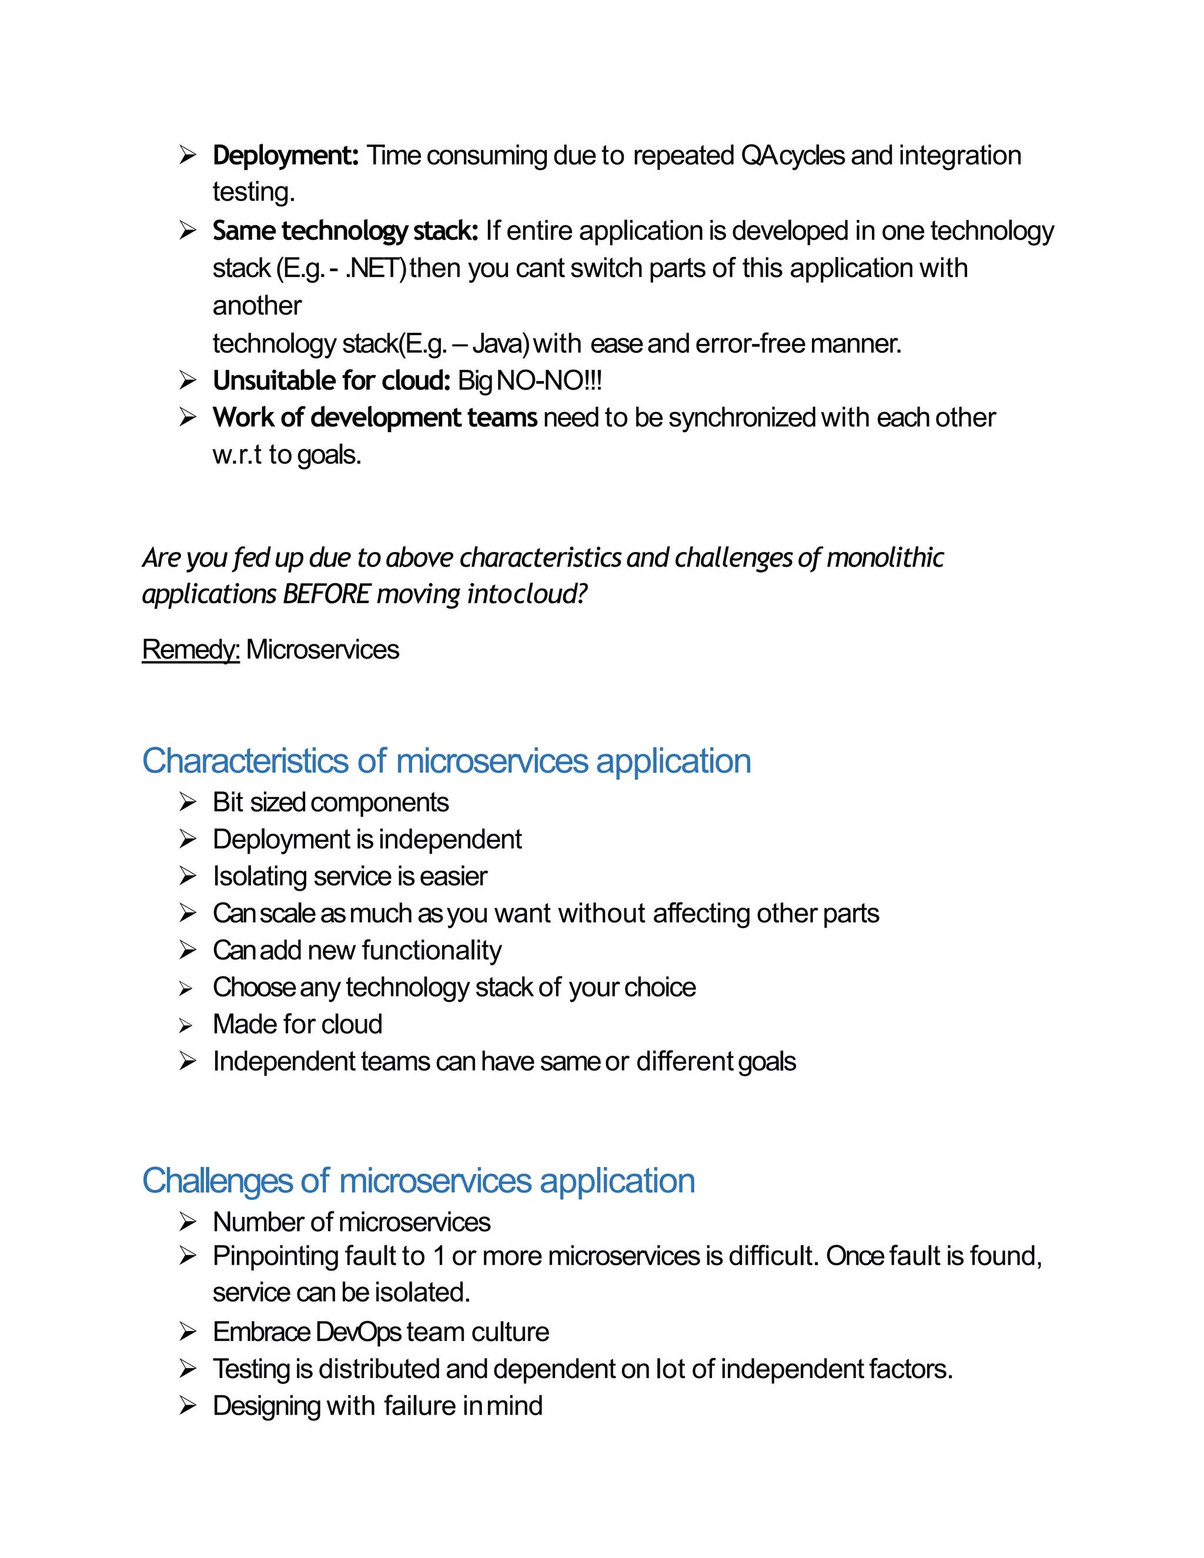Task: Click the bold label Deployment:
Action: click(285, 156)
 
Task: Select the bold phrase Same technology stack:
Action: click(345, 231)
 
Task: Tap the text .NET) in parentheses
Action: click(376, 269)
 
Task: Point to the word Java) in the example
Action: click(501, 344)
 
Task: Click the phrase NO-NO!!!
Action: click(549, 381)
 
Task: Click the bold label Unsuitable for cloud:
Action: click(331, 381)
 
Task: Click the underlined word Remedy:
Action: click(190, 650)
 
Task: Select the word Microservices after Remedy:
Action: click(322, 650)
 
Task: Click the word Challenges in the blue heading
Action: click(217, 1181)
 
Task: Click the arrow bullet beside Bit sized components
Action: click(188, 803)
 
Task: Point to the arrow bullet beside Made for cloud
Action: click(186, 1026)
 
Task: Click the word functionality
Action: click(432, 951)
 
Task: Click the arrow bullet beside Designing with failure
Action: click(188, 1406)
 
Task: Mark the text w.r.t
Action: click(237, 455)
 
